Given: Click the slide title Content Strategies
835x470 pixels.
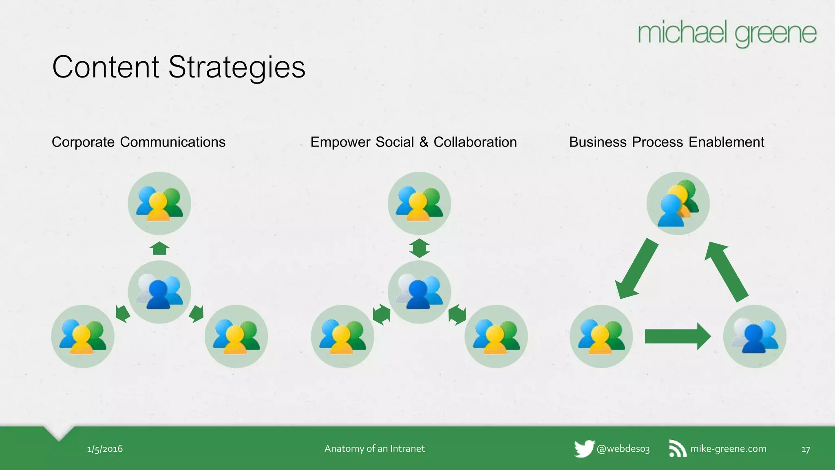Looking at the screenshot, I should click(x=179, y=67).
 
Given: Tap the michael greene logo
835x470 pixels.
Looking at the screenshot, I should click(x=727, y=33).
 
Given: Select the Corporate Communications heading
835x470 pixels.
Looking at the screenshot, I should click(x=139, y=142).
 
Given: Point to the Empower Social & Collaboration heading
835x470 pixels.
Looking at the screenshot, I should click(x=413, y=142).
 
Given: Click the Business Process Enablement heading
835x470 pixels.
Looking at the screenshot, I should click(x=667, y=142).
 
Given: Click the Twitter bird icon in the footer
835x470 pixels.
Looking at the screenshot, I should click(x=584, y=448).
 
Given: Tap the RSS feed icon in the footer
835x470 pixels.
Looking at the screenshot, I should click(x=677, y=448).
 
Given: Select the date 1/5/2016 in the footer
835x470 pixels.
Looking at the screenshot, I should click(x=105, y=449).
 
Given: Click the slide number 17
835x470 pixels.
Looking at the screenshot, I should click(x=806, y=449).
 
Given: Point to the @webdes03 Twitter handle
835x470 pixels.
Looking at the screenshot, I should click(x=623, y=449).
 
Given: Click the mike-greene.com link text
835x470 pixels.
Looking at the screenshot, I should click(x=728, y=448).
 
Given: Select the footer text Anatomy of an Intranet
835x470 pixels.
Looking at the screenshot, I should click(x=374, y=448).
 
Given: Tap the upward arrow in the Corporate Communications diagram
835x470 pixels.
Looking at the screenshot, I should click(x=159, y=248).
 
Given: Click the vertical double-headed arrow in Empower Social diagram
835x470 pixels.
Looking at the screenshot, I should click(x=419, y=248).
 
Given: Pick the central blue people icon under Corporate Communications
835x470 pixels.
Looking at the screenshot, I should click(x=159, y=292).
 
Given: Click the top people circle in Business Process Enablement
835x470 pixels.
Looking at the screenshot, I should click(x=678, y=203).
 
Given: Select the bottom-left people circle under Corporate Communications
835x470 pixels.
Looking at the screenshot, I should click(x=83, y=336).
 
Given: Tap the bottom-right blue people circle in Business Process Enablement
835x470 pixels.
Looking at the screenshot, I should click(x=755, y=336).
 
